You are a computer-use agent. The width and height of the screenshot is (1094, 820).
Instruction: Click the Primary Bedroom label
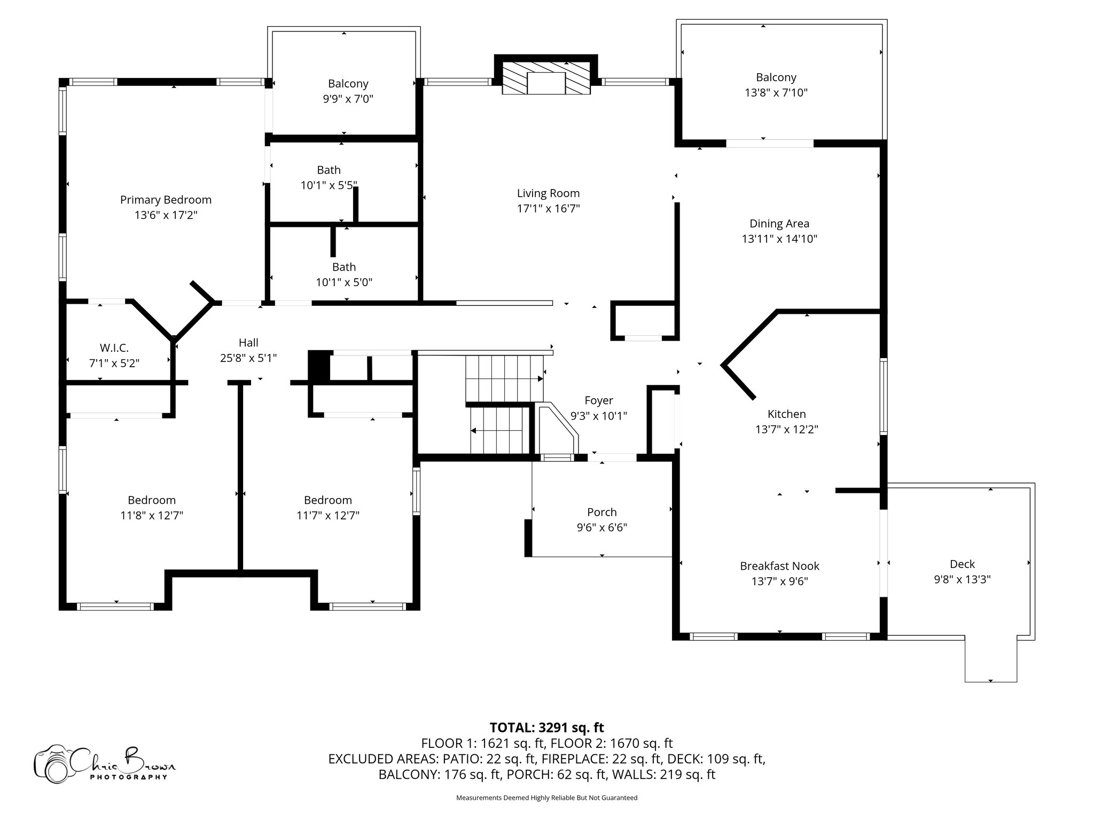point(166,200)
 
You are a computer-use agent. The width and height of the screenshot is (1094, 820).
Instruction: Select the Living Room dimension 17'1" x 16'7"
point(548,209)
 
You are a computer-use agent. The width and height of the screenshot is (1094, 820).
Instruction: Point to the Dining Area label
point(779,224)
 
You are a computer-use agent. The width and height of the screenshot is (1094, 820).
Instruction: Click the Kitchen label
point(786,414)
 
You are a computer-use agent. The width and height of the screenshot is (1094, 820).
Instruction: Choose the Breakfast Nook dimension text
point(779,581)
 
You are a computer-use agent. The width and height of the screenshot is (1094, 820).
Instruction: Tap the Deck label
point(962,564)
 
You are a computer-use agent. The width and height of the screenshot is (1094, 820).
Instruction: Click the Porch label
point(601,512)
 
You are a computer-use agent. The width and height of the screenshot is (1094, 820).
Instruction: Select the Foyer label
point(598,400)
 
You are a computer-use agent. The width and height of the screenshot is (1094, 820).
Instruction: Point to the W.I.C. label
point(114,348)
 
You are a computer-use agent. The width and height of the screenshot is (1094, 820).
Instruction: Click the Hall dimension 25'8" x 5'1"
point(248,358)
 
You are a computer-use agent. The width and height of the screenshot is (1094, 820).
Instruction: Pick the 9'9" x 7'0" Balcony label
point(348,84)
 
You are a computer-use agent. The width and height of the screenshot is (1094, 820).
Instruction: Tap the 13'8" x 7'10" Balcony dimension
point(776,93)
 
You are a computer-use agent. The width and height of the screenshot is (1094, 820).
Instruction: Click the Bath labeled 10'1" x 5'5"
point(329,170)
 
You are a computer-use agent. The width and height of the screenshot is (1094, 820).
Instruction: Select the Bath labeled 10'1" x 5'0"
point(343,267)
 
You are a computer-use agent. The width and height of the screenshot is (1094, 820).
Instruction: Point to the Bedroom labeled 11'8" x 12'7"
point(152,500)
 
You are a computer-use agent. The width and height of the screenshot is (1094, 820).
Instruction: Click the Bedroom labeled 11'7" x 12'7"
point(327,500)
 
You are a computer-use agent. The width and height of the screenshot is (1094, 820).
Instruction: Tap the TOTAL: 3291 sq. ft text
point(546,728)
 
